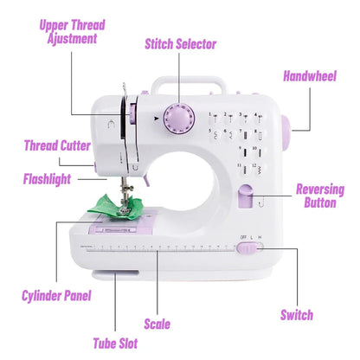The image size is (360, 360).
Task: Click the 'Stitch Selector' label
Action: coord(181,44)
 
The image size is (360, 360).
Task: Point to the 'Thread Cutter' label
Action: coord(56,145)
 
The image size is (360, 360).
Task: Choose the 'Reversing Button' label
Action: coord(319,196)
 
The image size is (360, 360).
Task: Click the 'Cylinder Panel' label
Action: coord(57,296)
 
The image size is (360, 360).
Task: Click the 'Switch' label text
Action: coord(296,315)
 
